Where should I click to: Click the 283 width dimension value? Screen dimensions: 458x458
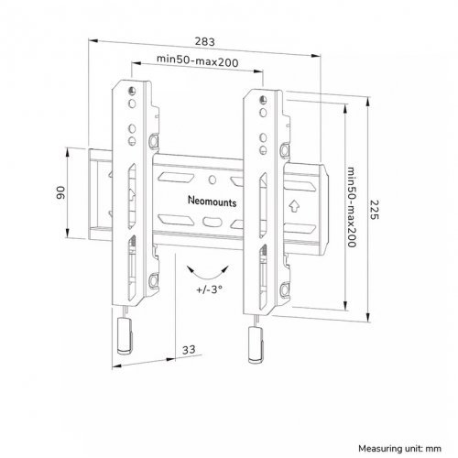[205, 41]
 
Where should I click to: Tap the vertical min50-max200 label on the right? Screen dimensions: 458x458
[352, 207]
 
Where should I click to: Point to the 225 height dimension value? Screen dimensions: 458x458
[374, 210]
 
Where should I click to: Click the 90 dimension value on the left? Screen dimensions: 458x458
[60, 192]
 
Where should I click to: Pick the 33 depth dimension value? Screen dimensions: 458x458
[189, 350]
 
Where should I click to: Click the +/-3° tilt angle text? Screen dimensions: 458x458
[209, 289]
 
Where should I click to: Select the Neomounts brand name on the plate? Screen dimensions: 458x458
[213, 202]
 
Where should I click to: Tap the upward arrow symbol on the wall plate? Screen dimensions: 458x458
[294, 206]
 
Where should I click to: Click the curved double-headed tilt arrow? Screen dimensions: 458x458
[208, 276]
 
